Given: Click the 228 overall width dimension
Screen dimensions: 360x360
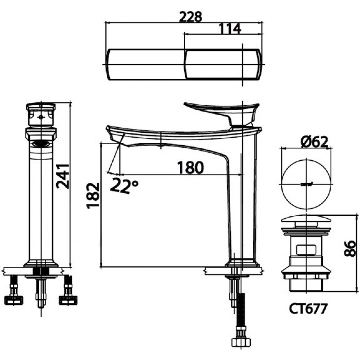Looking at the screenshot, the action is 190,17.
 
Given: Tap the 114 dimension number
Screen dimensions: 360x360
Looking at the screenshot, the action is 229,29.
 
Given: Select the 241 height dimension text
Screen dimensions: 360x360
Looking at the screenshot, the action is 63,176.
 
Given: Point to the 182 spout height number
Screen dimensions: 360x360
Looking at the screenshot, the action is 93,196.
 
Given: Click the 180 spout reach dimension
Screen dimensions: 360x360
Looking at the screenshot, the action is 190,167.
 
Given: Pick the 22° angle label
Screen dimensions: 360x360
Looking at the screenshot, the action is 124,186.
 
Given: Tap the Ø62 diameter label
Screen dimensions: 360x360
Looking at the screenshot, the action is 314,142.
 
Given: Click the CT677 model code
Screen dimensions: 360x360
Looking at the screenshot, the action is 307,309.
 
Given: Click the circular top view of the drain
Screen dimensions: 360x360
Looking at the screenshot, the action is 306,184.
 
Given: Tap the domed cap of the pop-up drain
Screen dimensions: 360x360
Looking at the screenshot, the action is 306,219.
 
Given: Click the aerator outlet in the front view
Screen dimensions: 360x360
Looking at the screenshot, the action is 41,144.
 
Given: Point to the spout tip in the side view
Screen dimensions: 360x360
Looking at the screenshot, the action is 114,135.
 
